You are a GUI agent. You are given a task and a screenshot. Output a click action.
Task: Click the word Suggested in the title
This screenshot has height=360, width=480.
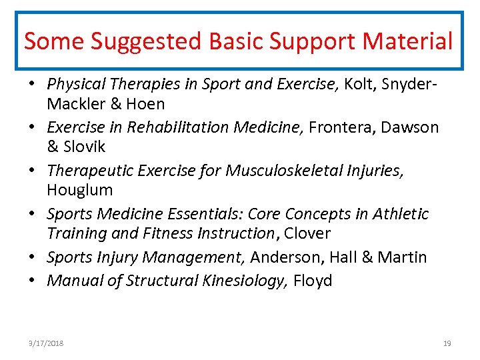147,41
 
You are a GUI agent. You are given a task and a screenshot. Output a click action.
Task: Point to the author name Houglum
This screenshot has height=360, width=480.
79,190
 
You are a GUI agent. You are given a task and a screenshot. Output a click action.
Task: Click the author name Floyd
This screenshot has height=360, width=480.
313,281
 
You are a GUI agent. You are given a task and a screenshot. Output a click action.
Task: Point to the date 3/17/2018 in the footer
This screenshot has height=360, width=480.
46,343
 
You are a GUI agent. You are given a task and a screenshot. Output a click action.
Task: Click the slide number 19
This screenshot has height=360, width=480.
447,343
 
